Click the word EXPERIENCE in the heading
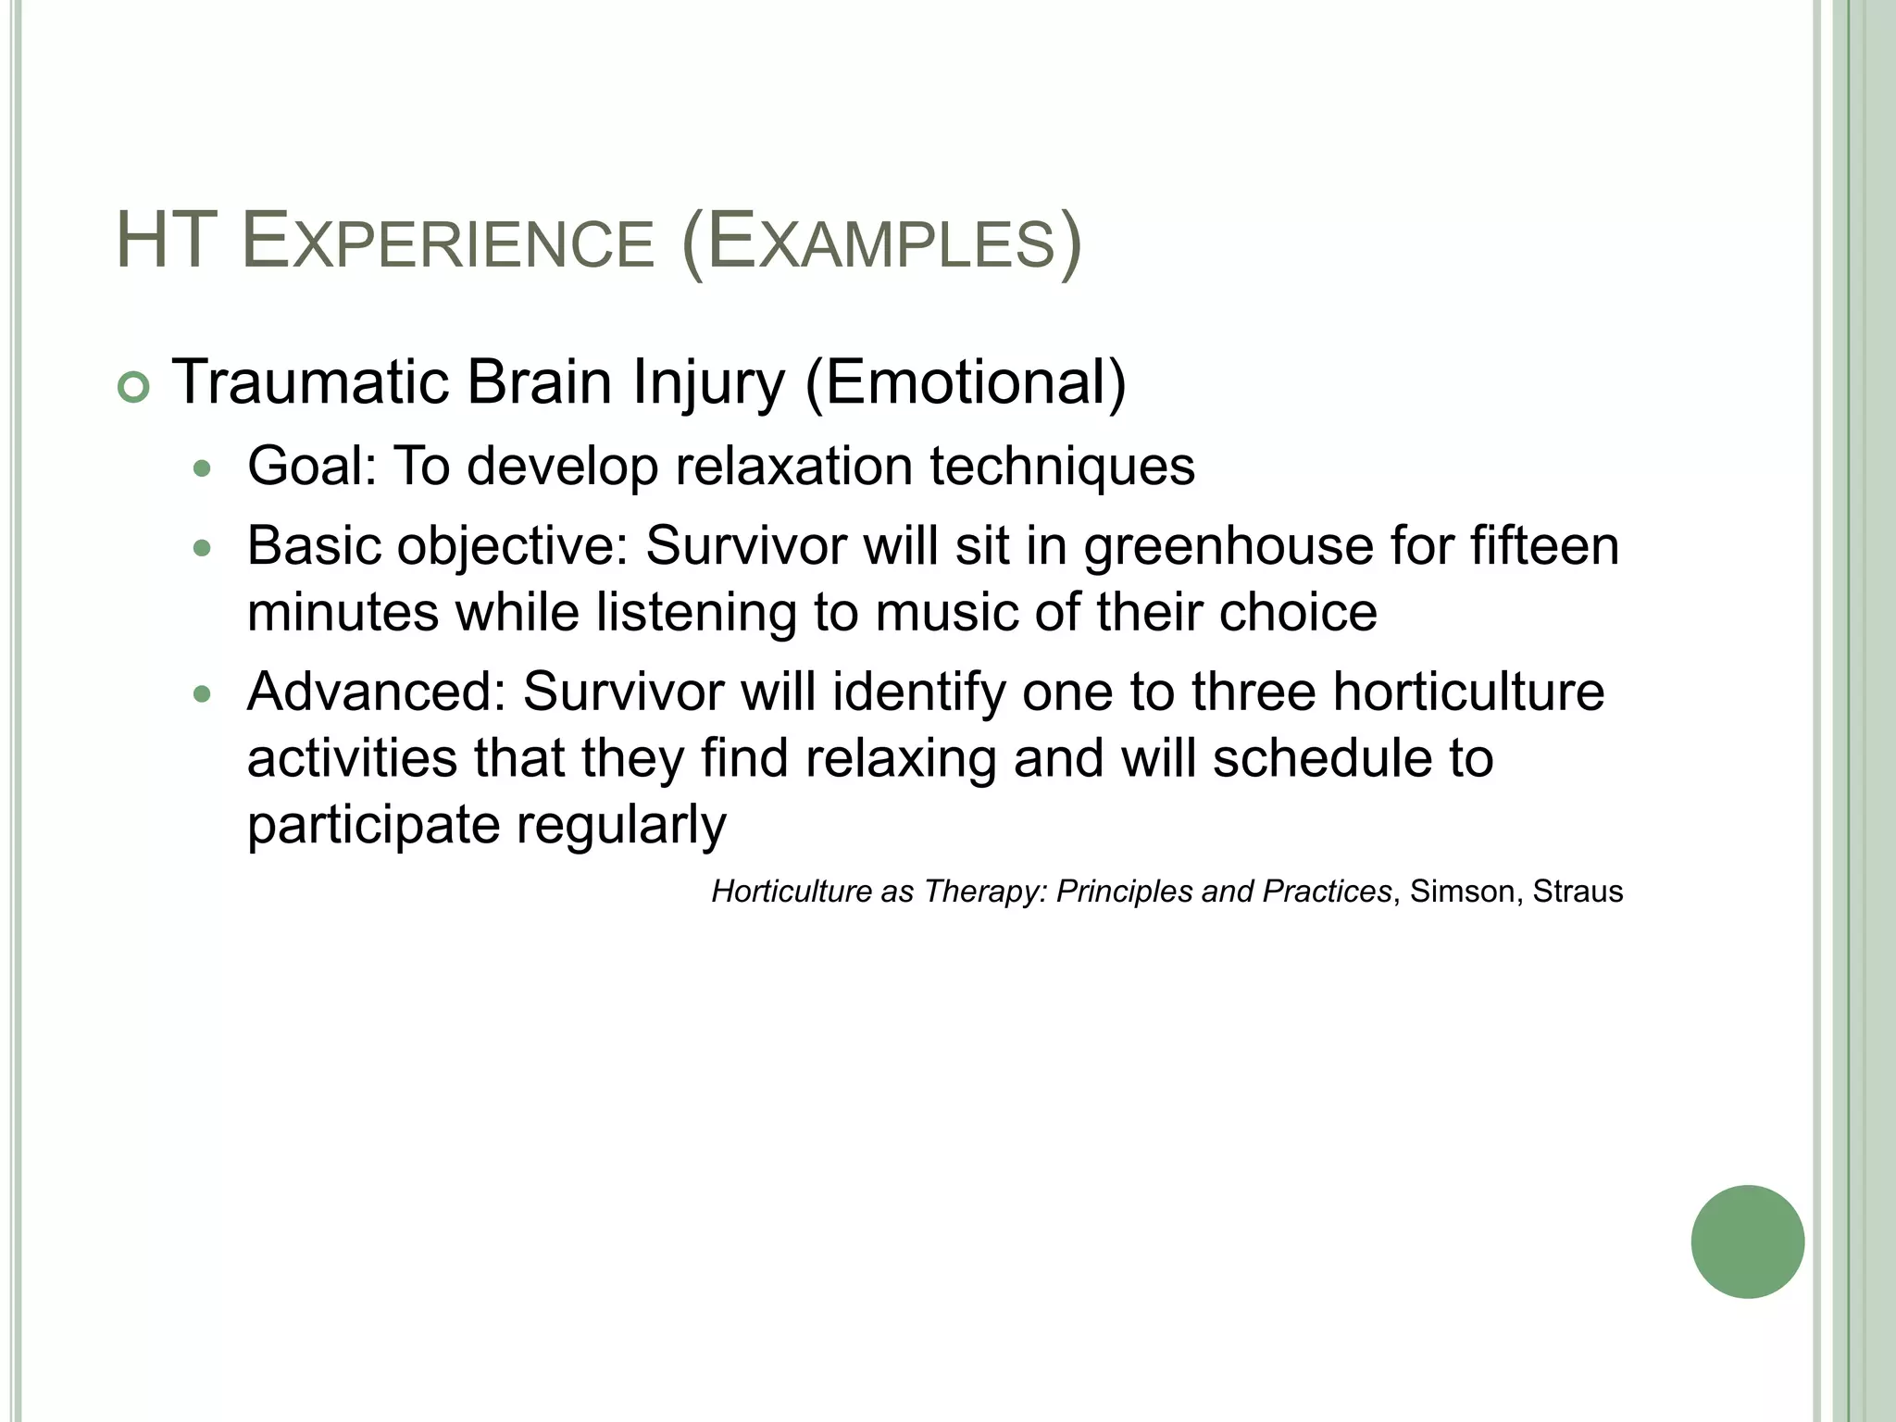[447, 243]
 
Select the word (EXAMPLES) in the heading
[880, 243]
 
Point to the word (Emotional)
[966, 381]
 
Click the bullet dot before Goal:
[202, 468]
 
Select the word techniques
[1062, 465]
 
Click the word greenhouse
[1229, 545]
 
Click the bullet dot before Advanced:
[202, 694]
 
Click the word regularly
[621, 824]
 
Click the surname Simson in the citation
[1462, 892]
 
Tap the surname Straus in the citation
[1578, 892]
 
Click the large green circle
[1747, 1241]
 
